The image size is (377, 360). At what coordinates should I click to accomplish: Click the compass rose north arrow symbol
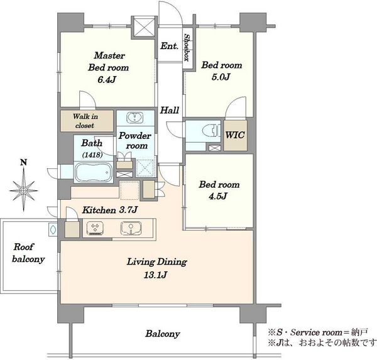24,190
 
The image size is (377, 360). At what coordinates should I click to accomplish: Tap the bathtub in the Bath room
94,172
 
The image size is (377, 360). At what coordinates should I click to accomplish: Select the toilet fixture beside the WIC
211,131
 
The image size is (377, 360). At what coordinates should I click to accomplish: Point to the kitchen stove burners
96,227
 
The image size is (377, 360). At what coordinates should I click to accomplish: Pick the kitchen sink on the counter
131,227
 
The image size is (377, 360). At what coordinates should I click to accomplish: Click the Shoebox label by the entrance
187,48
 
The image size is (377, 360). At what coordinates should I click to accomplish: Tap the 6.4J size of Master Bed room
107,79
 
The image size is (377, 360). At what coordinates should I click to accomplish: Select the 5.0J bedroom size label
221,77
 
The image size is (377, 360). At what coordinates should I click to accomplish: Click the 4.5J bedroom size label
218,196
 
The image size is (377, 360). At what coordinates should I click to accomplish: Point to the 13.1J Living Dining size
155,275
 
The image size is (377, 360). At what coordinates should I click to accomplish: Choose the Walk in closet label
85,121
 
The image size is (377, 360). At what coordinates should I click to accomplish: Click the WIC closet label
235,135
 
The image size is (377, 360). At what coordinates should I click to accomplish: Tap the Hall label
170,111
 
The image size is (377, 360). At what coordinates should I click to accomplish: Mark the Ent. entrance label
170,46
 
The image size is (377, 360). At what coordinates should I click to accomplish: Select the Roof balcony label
28,253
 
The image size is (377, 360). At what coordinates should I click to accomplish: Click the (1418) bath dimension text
92,155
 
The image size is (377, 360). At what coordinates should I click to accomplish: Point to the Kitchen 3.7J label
109,210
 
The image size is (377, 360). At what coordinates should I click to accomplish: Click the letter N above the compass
23,163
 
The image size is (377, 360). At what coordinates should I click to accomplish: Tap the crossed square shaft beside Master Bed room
144,27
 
